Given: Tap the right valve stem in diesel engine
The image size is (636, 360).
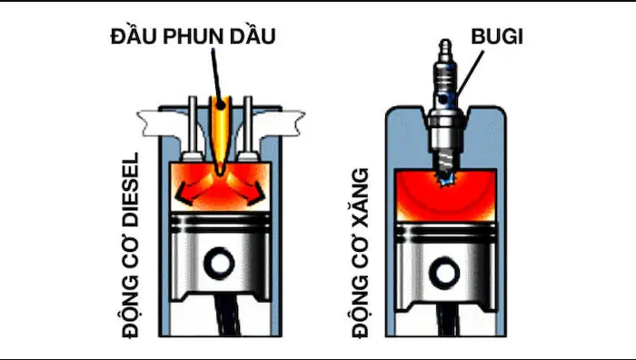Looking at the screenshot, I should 243,123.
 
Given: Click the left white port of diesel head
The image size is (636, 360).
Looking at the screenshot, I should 154,118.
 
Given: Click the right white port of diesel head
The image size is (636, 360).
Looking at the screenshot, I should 283,118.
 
